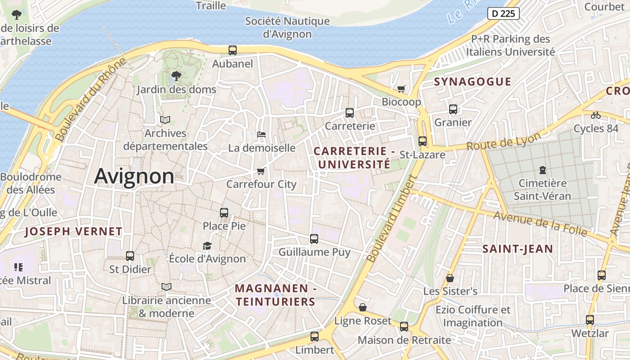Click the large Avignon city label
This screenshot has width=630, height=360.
(134, 176)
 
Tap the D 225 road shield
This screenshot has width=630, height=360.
(503, 13)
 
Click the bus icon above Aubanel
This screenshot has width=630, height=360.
(233, 50)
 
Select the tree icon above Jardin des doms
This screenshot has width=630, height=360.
(176, 76)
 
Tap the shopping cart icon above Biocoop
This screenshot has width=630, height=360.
(401, 89)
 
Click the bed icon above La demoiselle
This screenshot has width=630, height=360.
(261, 134)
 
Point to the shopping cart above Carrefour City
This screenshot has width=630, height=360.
(261, 171)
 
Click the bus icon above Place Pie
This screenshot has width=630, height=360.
(224, 213)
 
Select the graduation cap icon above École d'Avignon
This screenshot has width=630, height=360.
(207, 246)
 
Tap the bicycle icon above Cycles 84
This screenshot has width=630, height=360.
(596, 115)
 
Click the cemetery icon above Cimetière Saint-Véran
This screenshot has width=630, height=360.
(542, 170)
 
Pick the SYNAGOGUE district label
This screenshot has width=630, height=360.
(472, 81)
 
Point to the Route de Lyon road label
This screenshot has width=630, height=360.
(504, 142)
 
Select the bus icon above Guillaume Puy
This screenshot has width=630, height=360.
(314, 239)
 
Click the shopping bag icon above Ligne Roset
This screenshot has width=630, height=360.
(363, 307)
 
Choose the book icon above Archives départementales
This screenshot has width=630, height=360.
(165, 120)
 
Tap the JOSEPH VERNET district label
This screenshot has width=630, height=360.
(73, 232)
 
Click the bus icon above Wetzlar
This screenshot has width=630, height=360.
(589, 320)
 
